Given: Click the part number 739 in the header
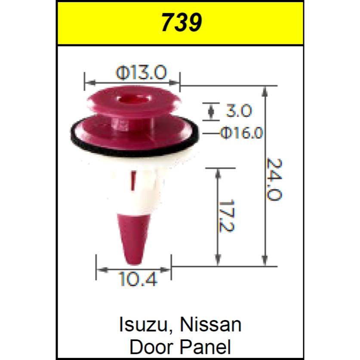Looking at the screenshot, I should point(181,23).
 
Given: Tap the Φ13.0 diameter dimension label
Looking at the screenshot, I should point(141,73).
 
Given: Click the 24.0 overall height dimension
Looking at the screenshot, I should point(274,178).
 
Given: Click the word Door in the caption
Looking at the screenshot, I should point(148,346).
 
